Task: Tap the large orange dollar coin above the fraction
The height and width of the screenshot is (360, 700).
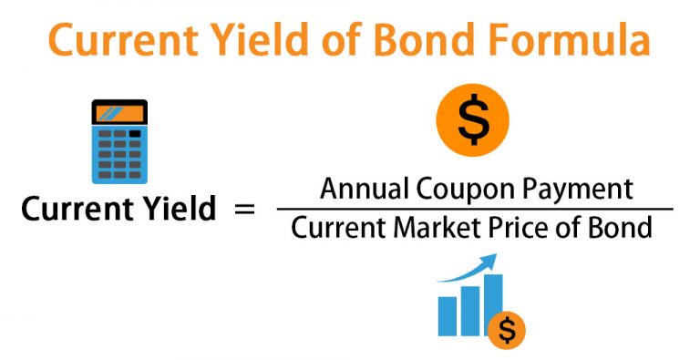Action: point(471,120)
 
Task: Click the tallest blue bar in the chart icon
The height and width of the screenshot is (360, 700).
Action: point(493,304)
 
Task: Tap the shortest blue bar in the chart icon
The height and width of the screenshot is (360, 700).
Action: point(448,316)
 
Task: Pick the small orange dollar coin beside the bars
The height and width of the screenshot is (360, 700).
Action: point(507,331)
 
